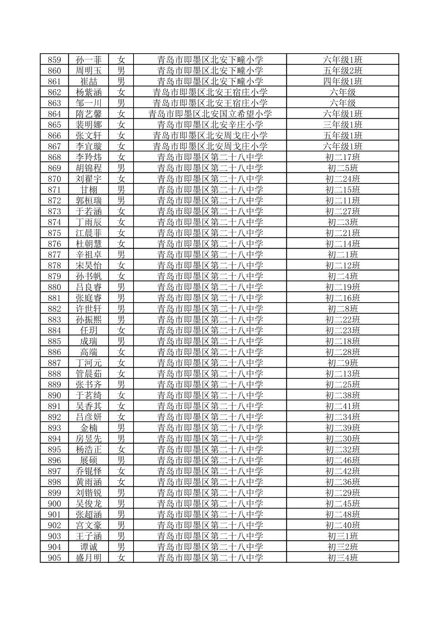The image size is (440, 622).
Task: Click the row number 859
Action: point(54,60)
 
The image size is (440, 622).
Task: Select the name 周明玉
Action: point(88,70)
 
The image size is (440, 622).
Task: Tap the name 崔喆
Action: point(88,81)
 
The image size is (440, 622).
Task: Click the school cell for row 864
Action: point(210,114)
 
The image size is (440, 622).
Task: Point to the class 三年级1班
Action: point(342,125)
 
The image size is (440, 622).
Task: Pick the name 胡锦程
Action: point(88,168)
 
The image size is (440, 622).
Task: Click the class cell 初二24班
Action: point(342,179)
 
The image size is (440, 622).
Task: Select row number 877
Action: point(54,255)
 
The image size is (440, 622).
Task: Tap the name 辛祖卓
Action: point(88,255)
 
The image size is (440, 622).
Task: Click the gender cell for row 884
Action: point(121,330)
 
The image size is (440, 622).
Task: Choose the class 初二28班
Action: point(342,352)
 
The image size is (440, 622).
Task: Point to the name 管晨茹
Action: point(88,374)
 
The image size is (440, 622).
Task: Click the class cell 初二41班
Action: point(342,406)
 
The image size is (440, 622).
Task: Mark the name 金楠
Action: point(88,428)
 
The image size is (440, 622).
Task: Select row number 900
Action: point(54,504)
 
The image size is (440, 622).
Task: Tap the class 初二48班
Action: point(342,515)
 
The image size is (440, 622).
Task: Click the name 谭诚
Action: point(88,547)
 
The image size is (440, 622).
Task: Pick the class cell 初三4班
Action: point(342,558)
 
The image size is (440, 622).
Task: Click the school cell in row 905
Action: point(210,558)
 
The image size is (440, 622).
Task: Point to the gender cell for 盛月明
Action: point(121,558)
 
